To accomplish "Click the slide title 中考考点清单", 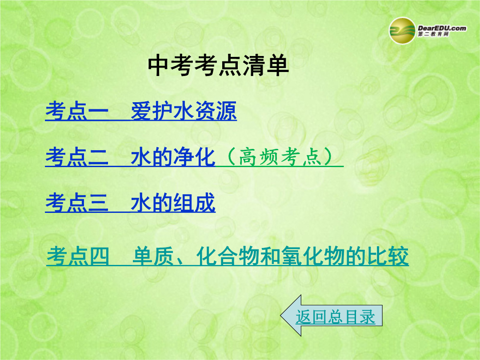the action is coord(218,65).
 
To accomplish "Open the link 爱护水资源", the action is coord(184,111).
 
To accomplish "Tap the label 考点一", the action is coord(77,111).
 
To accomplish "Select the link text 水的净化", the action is coord(173,157).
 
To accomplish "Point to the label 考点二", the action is coord(77,157).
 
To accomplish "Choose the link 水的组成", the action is coord(173,202).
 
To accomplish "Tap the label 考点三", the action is coord(77,202).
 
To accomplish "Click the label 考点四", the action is coord(78,256).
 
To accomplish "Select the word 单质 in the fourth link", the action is coord(153,256).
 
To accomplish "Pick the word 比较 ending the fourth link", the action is coord(388,256).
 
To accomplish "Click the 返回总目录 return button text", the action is coord(335,316).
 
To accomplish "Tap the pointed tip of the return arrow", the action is coord(281,316).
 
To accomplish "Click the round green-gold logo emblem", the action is coord(402,31).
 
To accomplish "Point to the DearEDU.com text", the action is coord(442,28).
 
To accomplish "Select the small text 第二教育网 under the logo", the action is coord(433,34).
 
